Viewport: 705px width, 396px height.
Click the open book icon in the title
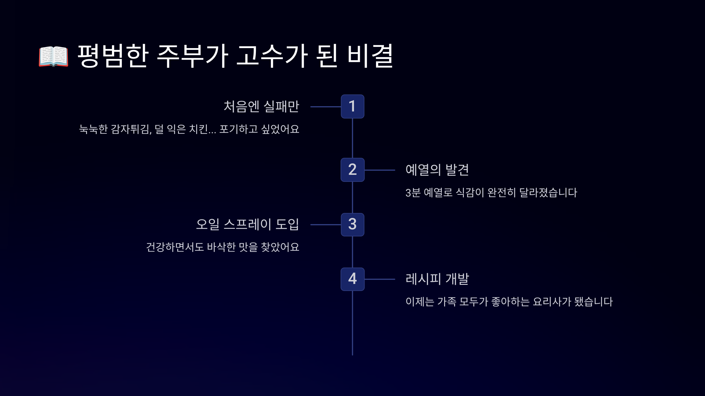coord(53,56)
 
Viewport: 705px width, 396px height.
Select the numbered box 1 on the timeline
coord(352,106)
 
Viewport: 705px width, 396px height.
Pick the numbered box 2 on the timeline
coord(352,170)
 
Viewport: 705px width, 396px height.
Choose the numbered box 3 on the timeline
coord(352,225)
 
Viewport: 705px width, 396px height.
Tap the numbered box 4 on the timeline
coord(352,279)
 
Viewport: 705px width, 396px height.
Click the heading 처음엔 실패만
coord(261,106)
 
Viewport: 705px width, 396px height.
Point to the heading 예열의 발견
coord(437,170)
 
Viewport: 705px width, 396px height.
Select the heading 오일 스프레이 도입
coord(247,224)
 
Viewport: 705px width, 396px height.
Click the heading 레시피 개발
coord(437,279)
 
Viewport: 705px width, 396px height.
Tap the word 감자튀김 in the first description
coord(131,129)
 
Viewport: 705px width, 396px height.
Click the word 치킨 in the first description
coord(199,129)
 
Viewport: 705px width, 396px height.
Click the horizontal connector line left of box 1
coord(325,107)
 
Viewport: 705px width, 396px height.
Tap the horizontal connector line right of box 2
coord(380,170)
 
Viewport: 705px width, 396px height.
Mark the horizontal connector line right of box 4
coord(380,279)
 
